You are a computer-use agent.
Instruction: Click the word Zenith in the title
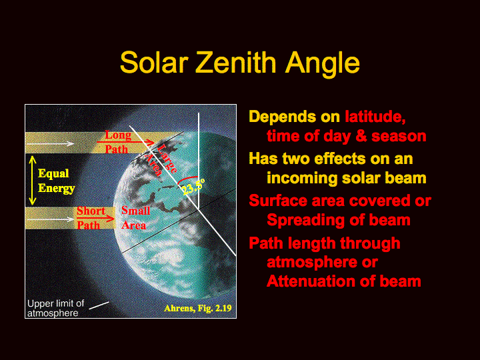(236, 63)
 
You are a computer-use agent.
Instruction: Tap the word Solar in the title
(154, 63)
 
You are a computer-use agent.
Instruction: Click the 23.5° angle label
(193, 187)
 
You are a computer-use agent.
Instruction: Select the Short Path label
(91, 218)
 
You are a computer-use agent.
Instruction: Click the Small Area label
(135, 218)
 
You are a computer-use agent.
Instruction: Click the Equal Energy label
(56, 181)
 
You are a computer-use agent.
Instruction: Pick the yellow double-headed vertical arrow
(33, 180)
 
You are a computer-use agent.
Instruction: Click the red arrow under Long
(125, 142)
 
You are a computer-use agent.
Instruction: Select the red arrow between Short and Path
(95, 218)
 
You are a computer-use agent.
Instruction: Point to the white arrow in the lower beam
(50, 219)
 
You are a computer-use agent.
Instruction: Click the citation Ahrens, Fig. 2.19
(198, 308)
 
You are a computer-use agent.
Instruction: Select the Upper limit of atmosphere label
(55, 308)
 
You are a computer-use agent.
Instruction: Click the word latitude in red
(375, 117)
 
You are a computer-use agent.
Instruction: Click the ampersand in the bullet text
(361, 136)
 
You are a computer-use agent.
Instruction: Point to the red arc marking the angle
(187, 178)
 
